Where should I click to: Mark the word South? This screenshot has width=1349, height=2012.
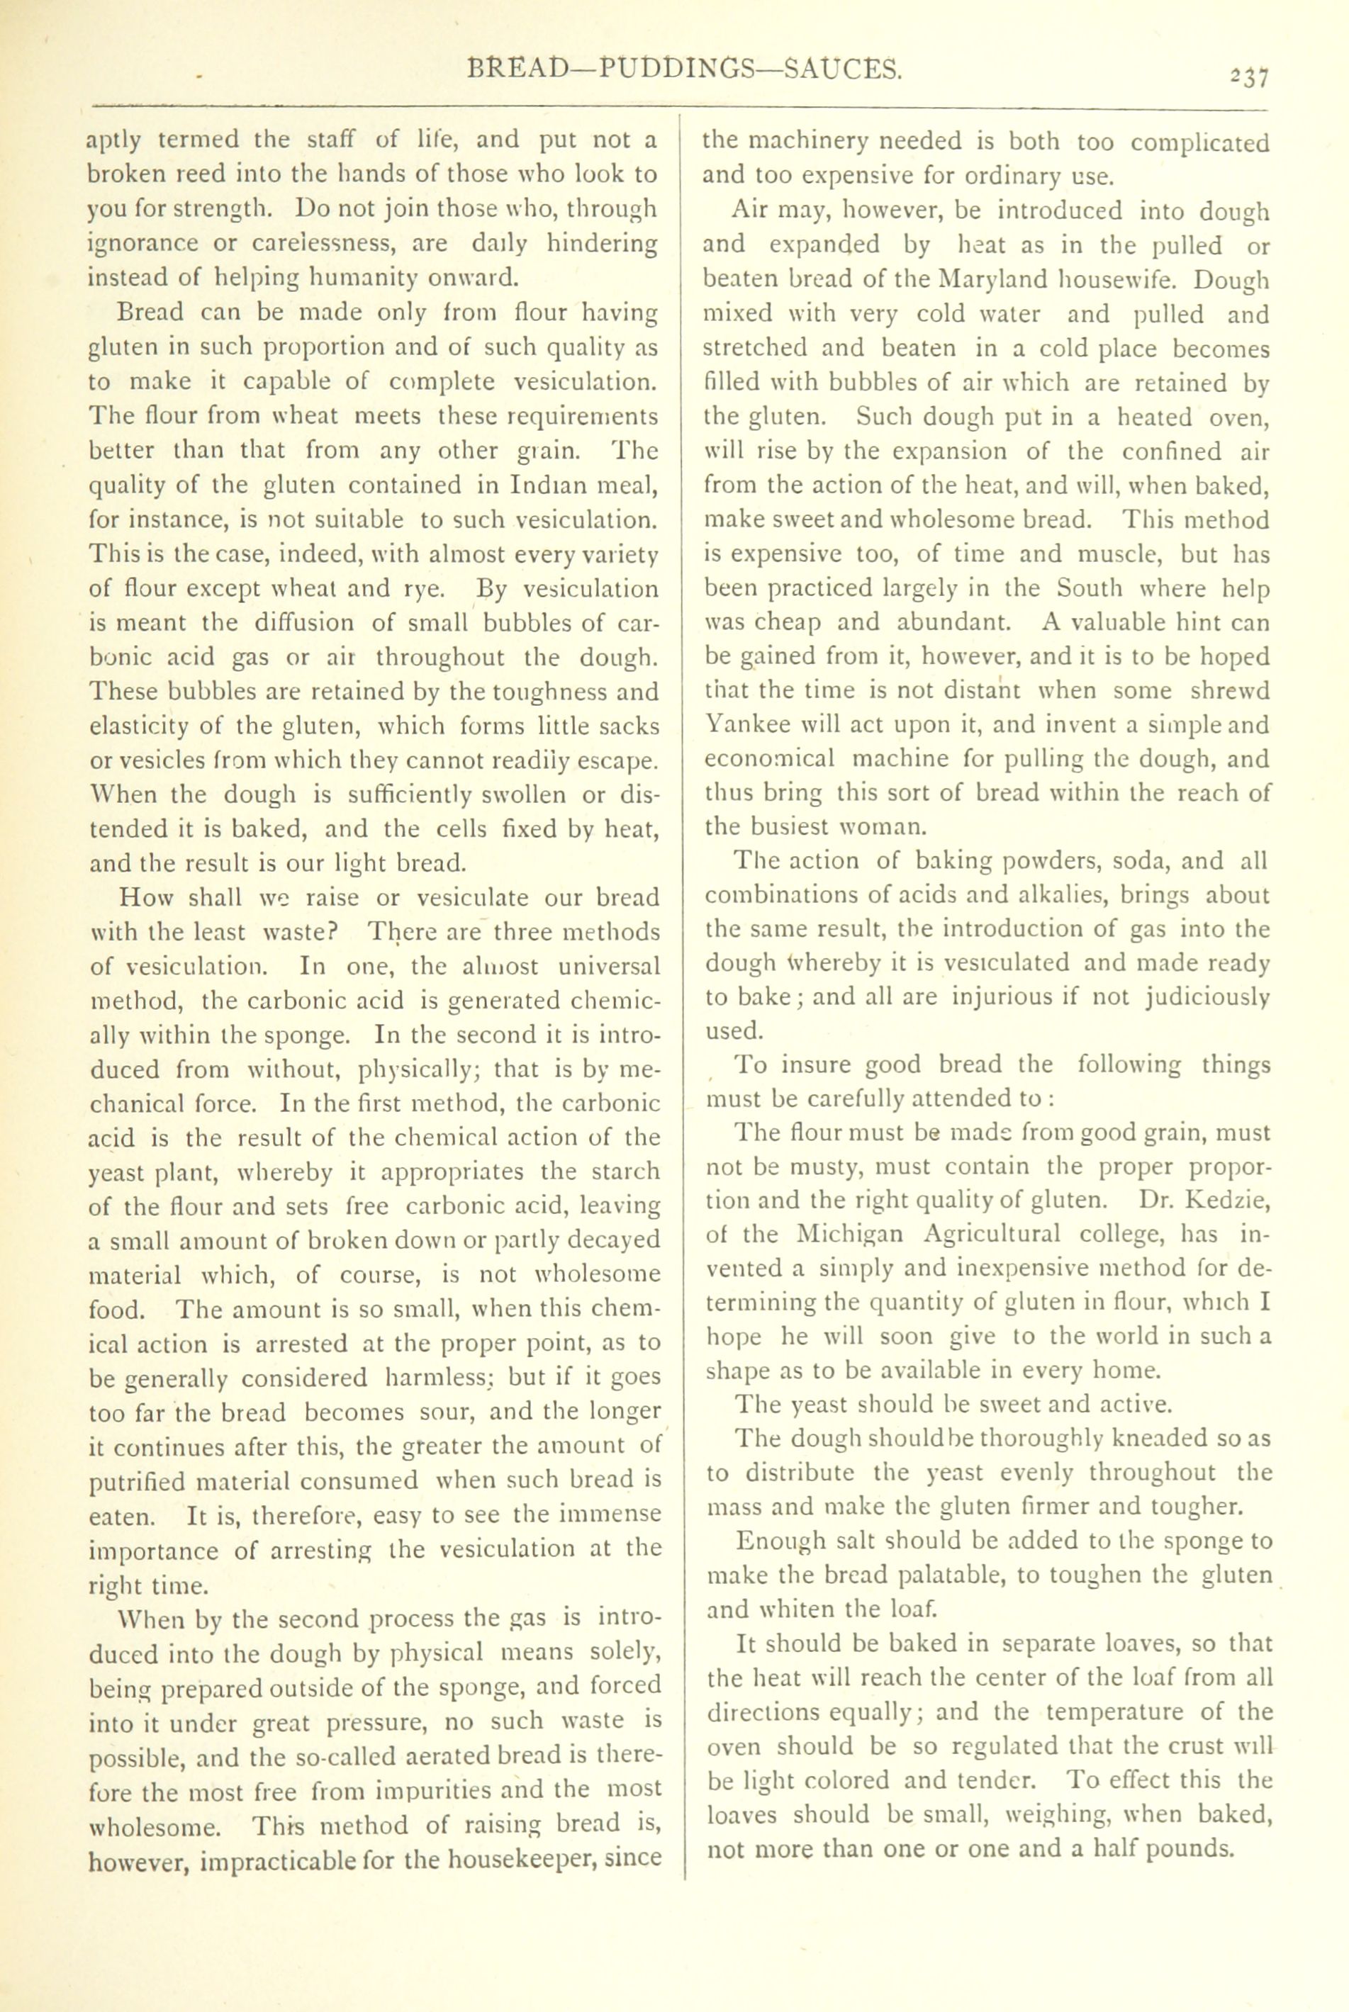pos(1090,588)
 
